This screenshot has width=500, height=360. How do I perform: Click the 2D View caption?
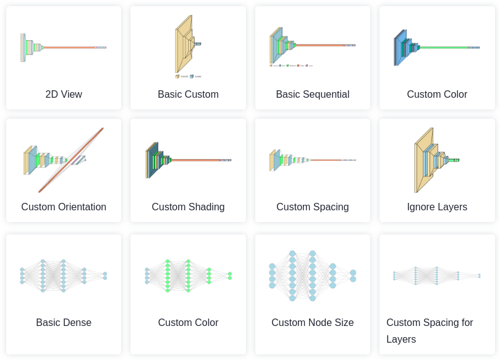64,95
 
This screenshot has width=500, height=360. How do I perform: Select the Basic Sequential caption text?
312,95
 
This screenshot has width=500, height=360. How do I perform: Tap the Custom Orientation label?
64,207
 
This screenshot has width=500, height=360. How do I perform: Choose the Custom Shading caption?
188,207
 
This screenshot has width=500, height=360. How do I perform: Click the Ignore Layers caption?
437,207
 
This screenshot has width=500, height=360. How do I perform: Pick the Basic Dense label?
64,323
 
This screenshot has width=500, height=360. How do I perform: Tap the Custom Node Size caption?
312,323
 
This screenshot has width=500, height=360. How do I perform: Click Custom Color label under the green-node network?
188,323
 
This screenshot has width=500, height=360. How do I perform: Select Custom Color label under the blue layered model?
437,95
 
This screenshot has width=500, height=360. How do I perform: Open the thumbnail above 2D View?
64,47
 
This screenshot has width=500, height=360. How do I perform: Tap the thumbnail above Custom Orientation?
64,160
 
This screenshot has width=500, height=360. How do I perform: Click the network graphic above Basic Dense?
64,275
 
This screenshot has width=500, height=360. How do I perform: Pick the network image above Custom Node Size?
312,276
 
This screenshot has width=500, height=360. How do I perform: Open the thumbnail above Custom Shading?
188,160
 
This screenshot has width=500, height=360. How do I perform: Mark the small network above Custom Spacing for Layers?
436,275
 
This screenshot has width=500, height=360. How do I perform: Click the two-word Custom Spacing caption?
312,207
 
